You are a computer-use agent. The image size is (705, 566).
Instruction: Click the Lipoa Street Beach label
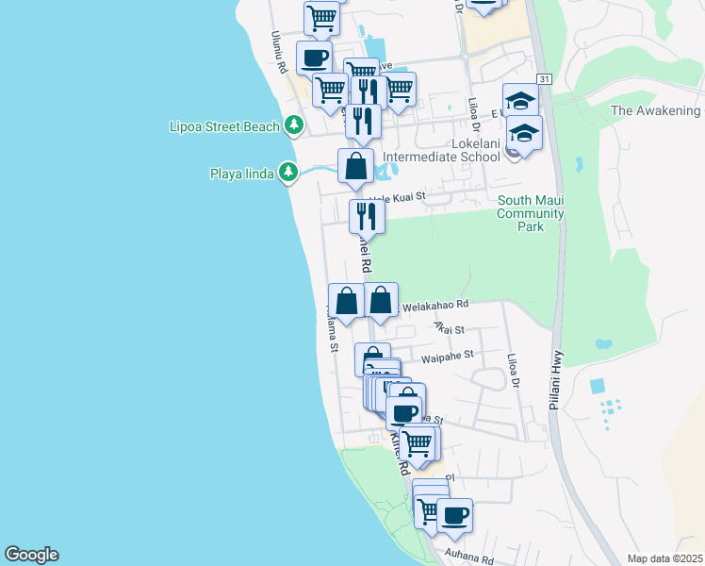(x=224, y=126)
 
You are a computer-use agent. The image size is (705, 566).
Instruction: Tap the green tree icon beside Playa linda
(x=289, y=172)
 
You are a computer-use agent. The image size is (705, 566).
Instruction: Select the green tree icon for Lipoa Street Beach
(x=294, y=125)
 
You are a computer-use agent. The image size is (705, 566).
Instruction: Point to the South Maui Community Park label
(x=531, y=213)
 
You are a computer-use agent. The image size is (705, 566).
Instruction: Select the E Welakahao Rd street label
(x=434, y=305)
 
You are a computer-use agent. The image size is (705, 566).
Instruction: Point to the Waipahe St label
(x=447, y=357)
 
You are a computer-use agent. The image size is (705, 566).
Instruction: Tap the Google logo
(x=31, y=555)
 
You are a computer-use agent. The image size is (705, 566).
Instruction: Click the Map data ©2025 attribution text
(x=664, y=558)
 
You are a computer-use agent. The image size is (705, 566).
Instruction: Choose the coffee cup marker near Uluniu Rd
(x=314, y=58)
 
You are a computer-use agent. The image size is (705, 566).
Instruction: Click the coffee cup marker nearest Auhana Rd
(x=454, y=515)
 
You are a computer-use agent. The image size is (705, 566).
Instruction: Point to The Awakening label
(x=656, y=110)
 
